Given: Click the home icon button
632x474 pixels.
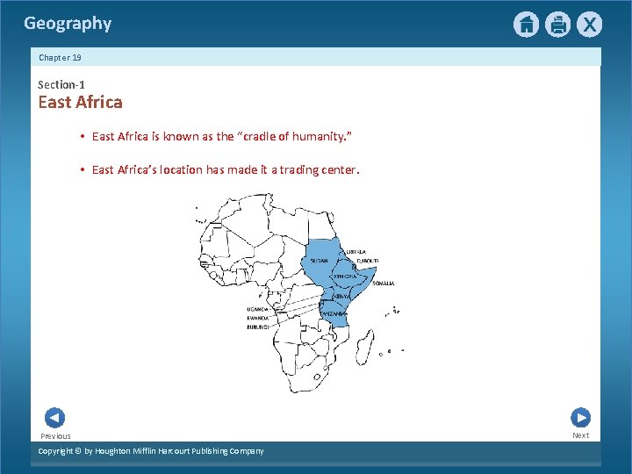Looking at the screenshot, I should tap(526, 25).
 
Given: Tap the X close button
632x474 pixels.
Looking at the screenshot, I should tap(589, 25).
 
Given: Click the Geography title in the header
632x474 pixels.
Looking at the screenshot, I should tap(68, 24).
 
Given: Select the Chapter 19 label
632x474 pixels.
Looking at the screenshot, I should tap(60, 57).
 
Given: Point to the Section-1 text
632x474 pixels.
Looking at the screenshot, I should tap(61, 84).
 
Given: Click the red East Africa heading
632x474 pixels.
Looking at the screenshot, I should tap(80, 102).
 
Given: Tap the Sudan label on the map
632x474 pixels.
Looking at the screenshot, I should tap(320, 261).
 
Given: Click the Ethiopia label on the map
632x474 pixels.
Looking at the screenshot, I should tap(344, 276).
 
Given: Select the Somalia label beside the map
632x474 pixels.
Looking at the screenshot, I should tap(384, 284).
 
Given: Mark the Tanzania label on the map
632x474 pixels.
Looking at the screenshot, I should tap(334, 313).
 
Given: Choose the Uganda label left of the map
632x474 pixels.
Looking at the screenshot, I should tap(257, 309).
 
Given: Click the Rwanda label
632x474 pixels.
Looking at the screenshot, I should tap(257, 318).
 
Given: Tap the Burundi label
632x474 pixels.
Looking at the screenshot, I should tap(257, 327).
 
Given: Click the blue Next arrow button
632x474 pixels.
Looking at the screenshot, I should tap(580, 418).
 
